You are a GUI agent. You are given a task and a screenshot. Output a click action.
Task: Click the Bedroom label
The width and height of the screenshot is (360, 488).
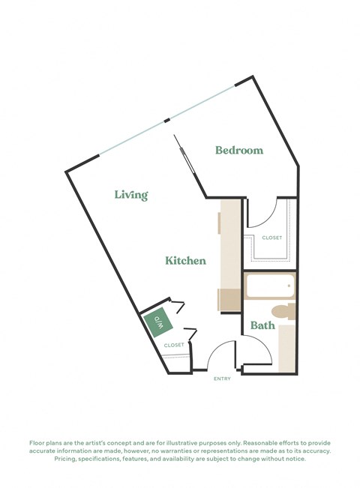[239, 150]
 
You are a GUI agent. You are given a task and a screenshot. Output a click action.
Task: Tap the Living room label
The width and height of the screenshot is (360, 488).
[131, 195]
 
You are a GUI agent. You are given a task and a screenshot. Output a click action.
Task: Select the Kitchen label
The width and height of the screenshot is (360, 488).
[186, 261]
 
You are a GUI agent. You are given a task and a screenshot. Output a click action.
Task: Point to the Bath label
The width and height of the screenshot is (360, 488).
[262, 325]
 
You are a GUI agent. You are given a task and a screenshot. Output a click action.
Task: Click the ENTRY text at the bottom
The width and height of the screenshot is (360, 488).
[222, 379]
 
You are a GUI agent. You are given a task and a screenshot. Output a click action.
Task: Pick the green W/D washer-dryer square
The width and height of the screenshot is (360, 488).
[159, 322]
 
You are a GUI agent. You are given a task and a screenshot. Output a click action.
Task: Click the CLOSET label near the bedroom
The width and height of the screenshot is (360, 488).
[271, 238]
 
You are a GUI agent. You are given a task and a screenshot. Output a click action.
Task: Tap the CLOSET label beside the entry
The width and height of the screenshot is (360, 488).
[174, 345]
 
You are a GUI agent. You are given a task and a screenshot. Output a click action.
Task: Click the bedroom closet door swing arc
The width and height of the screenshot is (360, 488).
[262, 214]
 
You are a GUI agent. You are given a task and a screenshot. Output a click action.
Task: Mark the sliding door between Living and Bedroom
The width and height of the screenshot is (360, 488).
[186, 164]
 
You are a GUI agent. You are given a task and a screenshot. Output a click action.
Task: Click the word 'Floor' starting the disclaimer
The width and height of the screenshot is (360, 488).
[37, 443]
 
